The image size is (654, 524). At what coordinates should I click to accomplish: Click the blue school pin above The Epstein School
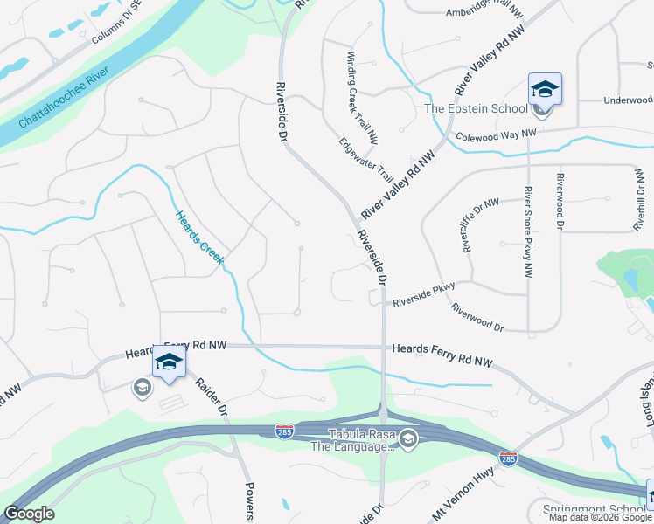pyautogui.click(x=544, y=89)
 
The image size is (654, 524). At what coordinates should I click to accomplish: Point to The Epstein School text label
pyautogui.click(x=476, y=108)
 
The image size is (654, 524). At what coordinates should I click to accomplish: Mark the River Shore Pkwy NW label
pyautogui.click(x=528, y=231)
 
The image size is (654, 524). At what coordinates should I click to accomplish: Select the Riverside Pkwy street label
pyautogui.click(x=425, y=299)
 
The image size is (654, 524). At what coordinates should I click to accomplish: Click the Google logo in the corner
pyautogui.click(x=29, y=514)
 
